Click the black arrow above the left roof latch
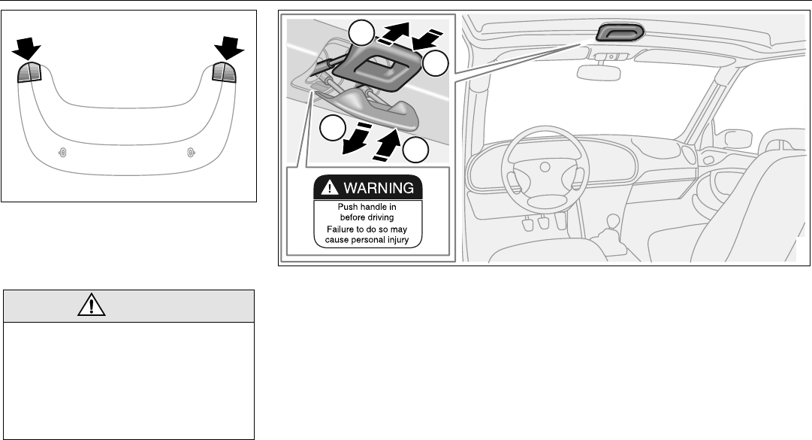26,49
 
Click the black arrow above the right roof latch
229,47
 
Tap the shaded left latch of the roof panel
29,72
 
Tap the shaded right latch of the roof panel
224,71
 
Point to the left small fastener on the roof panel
62,153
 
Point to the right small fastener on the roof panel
191,153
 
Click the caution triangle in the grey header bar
92,304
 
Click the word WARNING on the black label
379,187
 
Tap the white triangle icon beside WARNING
329,187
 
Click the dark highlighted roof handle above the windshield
620,32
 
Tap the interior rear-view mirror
599,72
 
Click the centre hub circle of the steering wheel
545,167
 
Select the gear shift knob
613,221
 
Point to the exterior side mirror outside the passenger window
738,139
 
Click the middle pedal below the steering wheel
543,223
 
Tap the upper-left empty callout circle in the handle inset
361,33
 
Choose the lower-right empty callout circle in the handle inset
415,150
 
